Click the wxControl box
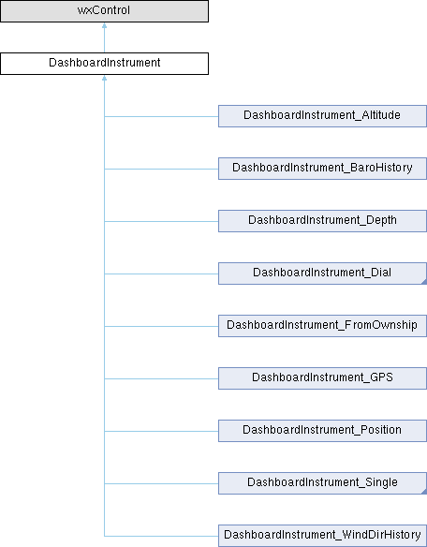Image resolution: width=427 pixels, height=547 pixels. (104, 11)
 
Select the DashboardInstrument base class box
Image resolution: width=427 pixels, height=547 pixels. (104, 64)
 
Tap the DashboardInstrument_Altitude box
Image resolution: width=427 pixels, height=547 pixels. (322, 116)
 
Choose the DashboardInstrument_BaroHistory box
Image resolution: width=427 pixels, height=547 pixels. (322, 169)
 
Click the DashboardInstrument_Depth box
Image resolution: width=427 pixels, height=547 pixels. (322, 221)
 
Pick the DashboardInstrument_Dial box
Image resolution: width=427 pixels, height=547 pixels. (322, 273)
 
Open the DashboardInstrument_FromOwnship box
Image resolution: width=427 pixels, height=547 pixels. (322, 326)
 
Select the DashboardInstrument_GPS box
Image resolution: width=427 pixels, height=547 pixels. (322, 378)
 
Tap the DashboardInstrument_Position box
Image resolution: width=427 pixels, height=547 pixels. (322, 431)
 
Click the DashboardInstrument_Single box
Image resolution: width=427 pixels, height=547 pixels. (322, 483)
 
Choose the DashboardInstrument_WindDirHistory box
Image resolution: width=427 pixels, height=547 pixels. (322, 536)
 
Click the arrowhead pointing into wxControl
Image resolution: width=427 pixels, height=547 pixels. (104, 25)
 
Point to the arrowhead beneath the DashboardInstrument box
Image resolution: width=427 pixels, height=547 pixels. (104, 78)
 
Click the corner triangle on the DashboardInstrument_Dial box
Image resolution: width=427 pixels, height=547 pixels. (424, 282)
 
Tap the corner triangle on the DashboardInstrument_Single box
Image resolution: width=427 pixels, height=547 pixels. (424, 492)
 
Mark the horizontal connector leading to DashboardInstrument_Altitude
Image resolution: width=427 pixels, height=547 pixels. (161, 116)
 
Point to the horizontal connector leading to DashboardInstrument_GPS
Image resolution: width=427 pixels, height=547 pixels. (161, 378)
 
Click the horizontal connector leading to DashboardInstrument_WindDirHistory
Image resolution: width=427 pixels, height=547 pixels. (161, 536)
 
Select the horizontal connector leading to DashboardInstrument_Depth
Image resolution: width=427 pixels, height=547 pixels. (161, 221)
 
